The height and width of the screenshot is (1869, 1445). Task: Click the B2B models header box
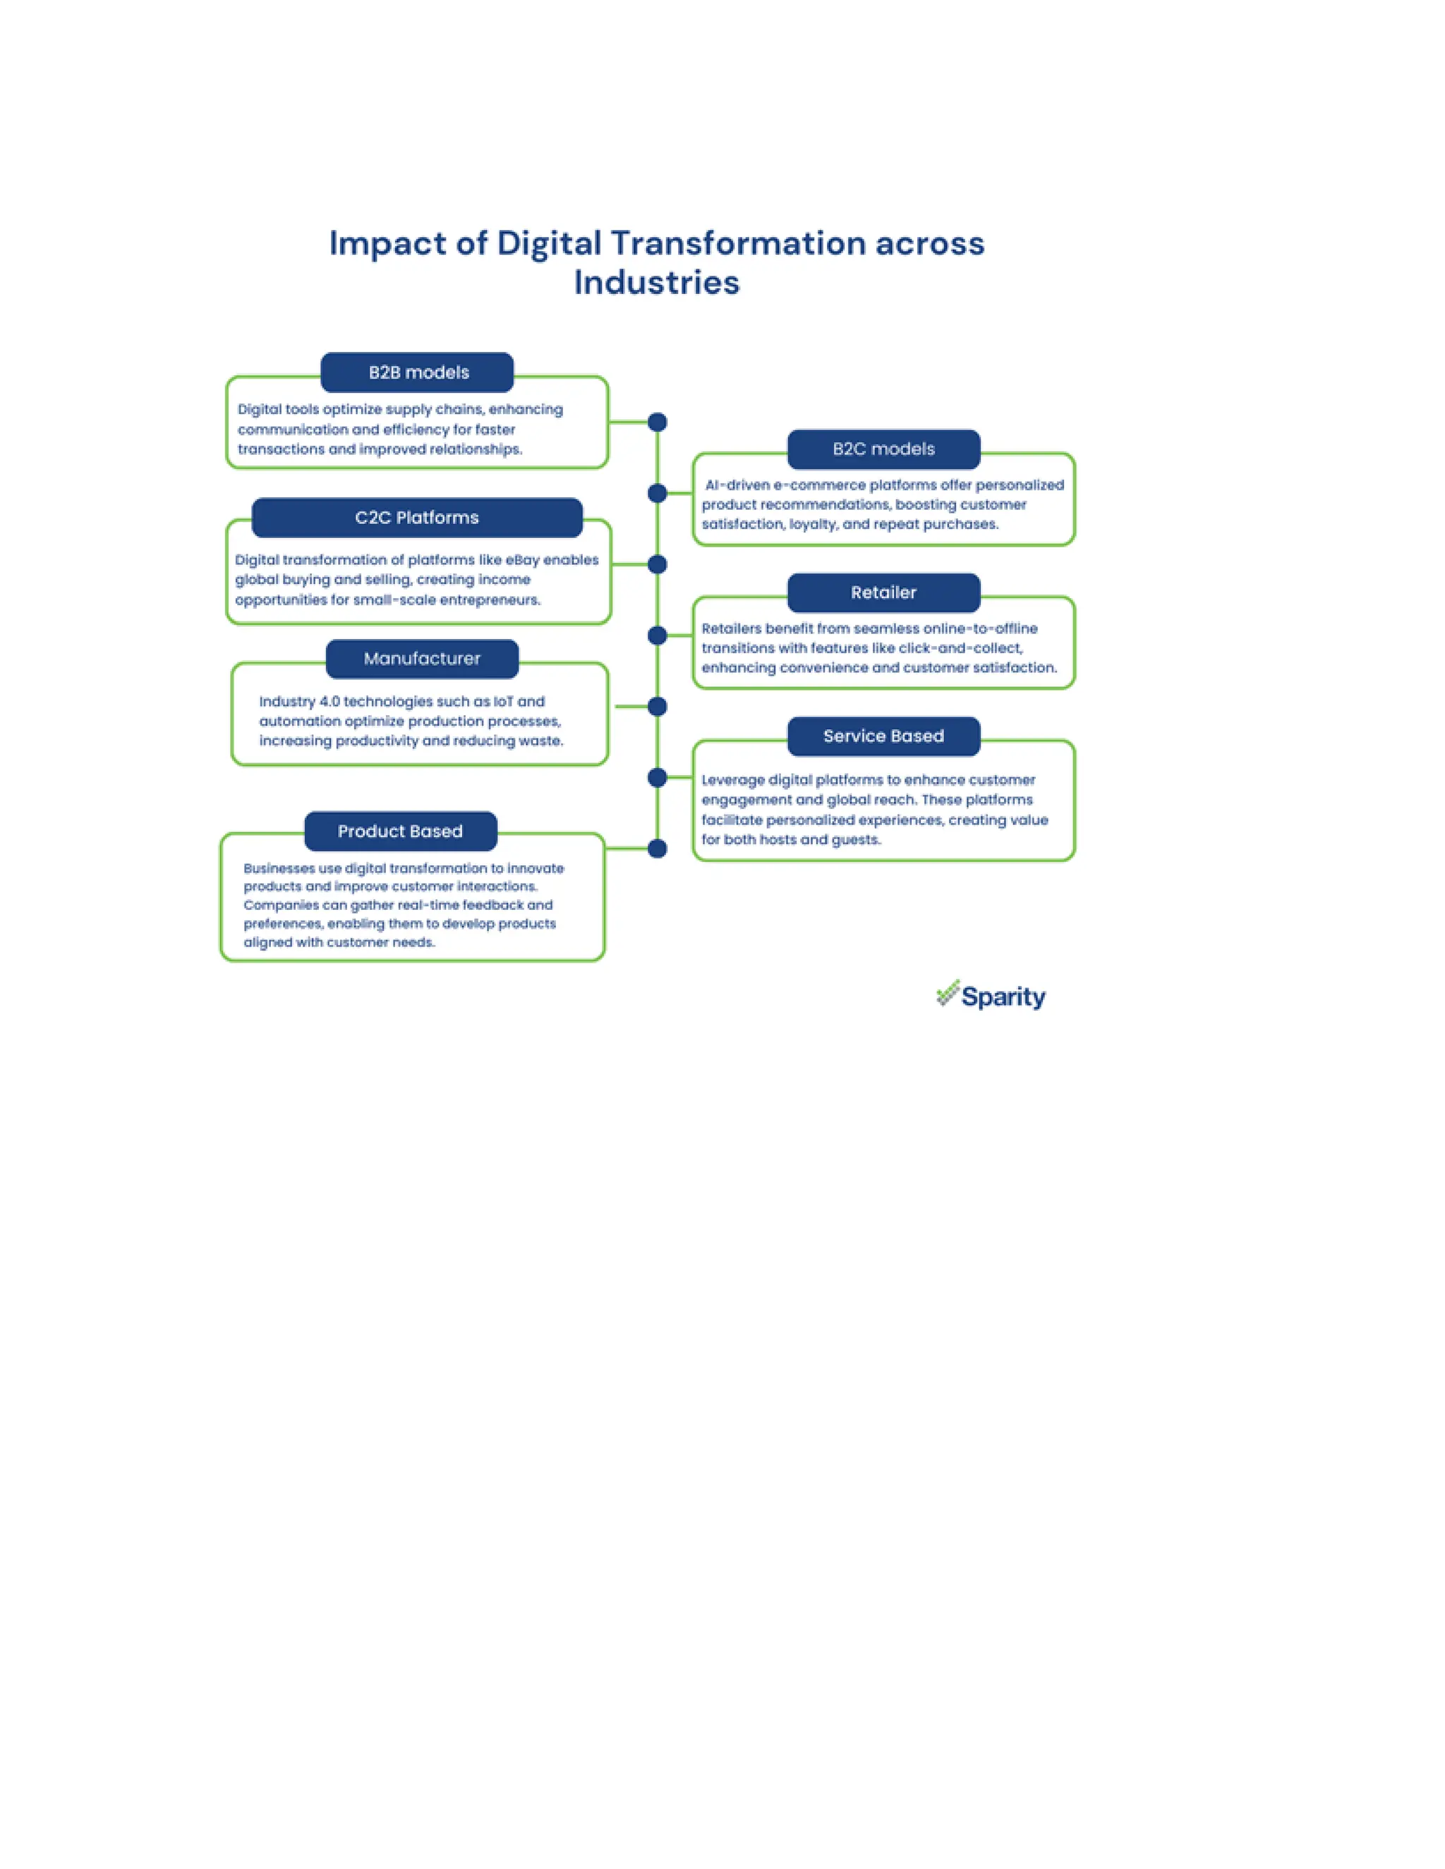(417, 372)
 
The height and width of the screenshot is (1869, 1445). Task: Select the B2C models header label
(883, 449)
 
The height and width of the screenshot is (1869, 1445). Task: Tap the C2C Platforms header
(417, 518)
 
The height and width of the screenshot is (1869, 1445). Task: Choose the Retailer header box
(883, 592)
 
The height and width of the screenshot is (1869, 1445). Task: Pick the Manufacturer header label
(422, 659)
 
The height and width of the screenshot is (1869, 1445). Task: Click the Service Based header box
(883, 736)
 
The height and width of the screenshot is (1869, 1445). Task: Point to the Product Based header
(400, 831)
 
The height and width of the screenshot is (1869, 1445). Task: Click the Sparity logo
(991, 996)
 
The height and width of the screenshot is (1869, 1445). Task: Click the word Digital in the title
(549, 244)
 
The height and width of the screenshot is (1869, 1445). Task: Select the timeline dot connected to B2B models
(658, 422)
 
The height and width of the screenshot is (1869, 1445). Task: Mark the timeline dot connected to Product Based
(658, 849)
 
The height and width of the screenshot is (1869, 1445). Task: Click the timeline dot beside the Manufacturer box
(658, 707)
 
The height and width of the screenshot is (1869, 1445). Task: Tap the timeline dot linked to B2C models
(658, 493)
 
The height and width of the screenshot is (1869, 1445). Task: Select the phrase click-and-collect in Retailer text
(960, 648)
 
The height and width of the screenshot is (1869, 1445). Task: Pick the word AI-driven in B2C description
(738, 485)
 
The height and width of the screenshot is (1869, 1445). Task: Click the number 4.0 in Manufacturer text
(329, 702)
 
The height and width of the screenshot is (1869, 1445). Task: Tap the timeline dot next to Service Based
(658, 778)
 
